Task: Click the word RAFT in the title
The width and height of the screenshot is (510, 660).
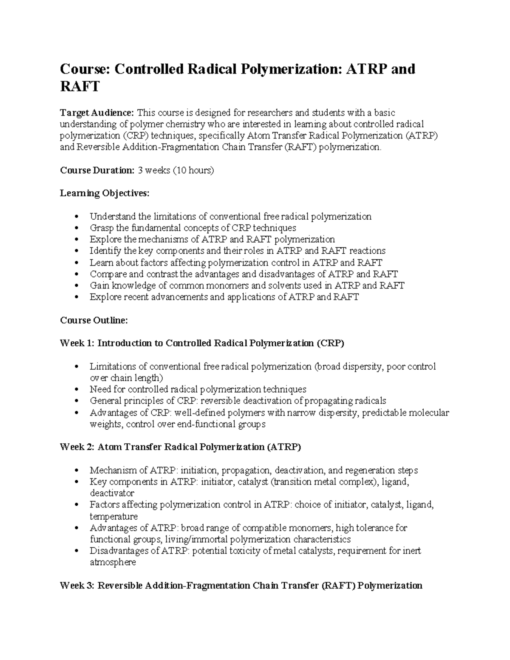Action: [79, 87]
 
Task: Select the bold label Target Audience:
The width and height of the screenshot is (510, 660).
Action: [97, 113]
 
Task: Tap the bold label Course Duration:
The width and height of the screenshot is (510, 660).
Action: [97, 170]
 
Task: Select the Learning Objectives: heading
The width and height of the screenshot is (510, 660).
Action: [105, 193]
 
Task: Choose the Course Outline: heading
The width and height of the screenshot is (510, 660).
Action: [93, 320]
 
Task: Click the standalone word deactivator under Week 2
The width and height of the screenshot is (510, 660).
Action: [112, 493]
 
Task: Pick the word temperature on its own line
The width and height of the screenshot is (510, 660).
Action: [113, 516]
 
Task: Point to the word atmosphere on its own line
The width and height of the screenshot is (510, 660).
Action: [113, 562]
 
